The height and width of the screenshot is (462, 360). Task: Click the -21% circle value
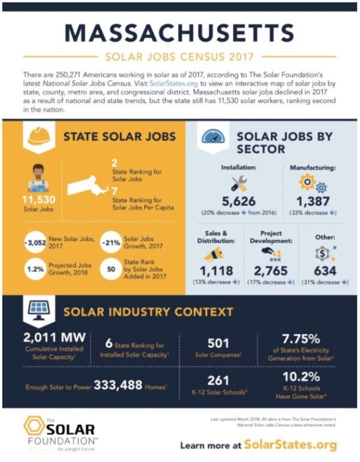[x=112, y=242]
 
